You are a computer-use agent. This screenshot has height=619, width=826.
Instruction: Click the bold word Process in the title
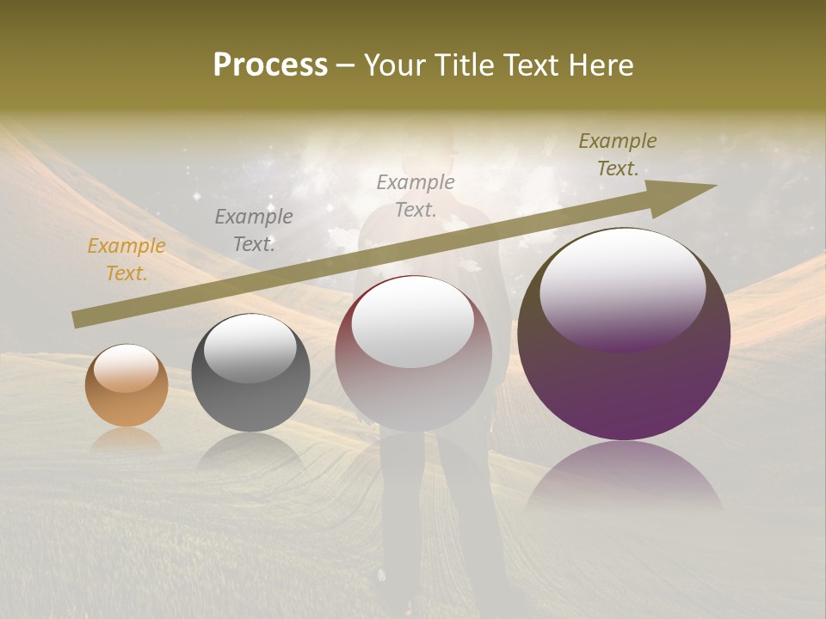(x=270, y=65)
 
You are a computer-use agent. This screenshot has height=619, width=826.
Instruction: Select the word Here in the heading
(x=601, y=65)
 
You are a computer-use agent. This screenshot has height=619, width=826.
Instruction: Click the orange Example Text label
(x=126, y=260)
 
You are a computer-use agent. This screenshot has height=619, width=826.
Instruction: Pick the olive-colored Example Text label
(x=618, y=155)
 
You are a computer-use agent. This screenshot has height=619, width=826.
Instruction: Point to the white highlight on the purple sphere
(x=622, y=288)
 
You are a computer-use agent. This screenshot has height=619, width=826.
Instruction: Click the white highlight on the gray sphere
(x=250, y=348)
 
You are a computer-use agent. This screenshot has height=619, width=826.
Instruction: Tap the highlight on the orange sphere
(x=126, y=368)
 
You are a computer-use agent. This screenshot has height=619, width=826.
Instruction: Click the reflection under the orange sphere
(x=126, y=440)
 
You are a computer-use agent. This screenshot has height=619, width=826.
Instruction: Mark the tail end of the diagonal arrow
(x=77, y=320)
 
